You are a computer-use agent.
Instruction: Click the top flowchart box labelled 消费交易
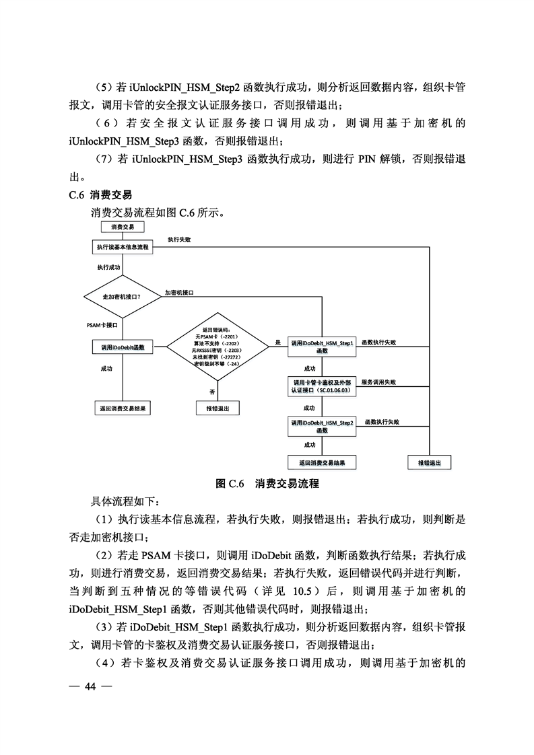tap(123, 227)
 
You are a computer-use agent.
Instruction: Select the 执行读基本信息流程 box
tap(123, 247)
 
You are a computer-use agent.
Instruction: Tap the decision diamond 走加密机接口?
tap(123, 297)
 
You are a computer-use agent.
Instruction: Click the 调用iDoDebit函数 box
tap(123, 347)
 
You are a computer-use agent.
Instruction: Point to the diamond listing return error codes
tap(218, 347)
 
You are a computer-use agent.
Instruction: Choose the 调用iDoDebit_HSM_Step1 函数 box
tap(322, 347)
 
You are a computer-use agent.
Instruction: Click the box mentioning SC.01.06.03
tap(322, 386)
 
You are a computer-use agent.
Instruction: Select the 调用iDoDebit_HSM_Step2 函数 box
tap(322, 426)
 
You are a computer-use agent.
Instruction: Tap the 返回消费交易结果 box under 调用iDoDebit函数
tap(123, 408)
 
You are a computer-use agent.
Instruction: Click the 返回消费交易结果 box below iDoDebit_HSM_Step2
tap(322, 463)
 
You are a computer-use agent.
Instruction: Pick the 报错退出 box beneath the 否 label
tap(218, 408)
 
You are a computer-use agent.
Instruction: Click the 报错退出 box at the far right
tap(430, 463)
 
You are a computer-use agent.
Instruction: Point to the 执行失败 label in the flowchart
tap(179, 240)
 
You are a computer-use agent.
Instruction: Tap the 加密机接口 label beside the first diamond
tap(179, 293)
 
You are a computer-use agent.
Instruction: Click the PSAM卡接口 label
tap(102, 326)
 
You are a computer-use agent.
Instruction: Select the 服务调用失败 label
tap(379, 382)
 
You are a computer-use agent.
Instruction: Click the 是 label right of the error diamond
tap(278, 343)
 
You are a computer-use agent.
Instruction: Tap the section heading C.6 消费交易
tap(101, 194)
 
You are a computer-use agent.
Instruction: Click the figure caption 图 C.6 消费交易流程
tap(267, 483)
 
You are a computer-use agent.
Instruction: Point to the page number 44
tap(91, 686)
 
